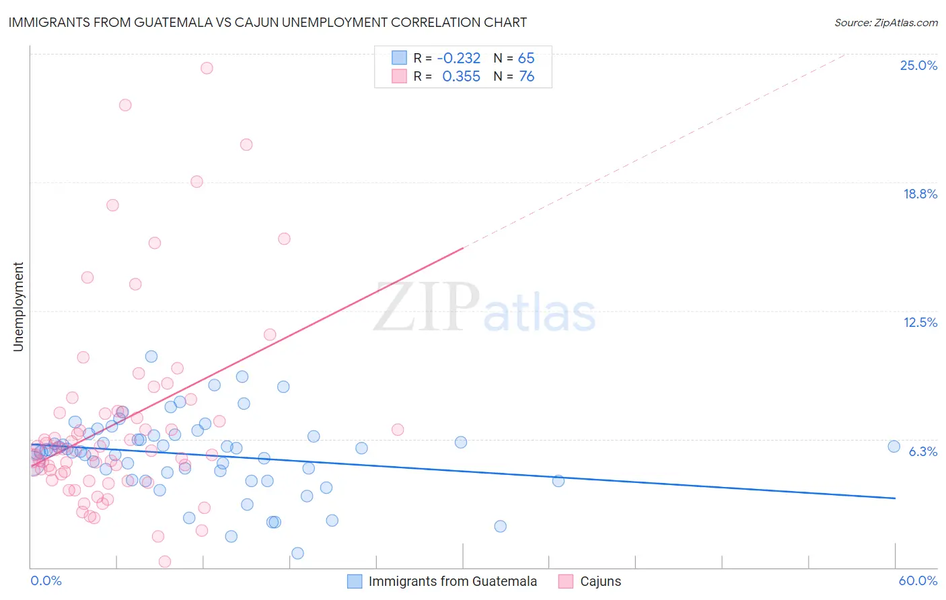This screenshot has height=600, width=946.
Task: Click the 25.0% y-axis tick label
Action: click(x=918, y=65)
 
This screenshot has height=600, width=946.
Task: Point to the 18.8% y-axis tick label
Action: click(x=920, y=194)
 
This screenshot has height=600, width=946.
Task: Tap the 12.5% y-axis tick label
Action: click(x=920, y=322)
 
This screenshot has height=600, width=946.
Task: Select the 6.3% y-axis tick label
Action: click(x=922, y=451)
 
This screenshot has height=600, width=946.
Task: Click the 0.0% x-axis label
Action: click(x=46, y=580)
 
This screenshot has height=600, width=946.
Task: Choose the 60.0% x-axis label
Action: click(x=918, y=580)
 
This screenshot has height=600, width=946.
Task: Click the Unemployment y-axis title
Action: click(x=18, y=307)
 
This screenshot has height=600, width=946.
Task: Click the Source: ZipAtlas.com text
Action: click(x=885, y=22)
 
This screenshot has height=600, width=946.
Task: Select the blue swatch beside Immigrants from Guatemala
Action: click(x=355, y=581)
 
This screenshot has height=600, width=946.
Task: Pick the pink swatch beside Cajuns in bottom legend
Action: click(x=566, y=581)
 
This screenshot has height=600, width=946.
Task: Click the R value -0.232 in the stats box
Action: click(x=458, y=58)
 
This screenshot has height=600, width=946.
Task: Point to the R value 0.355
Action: click(x=461, y=76)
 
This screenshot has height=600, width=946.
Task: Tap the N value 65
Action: click(x=526, y=58)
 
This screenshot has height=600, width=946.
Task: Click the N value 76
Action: click(x=526, y=76)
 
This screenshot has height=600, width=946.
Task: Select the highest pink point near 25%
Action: click(x=207, y=68)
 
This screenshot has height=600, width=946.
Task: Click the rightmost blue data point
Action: click(x=894, y=447)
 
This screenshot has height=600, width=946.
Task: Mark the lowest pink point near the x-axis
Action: click(x=164, y=562)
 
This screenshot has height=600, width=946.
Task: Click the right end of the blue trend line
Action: click(x=895, y=498)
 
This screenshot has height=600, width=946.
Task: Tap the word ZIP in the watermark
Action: click(x=427, y=307)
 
